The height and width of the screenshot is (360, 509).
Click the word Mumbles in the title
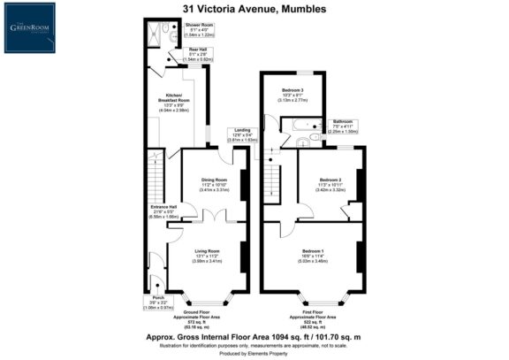point(300,9)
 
